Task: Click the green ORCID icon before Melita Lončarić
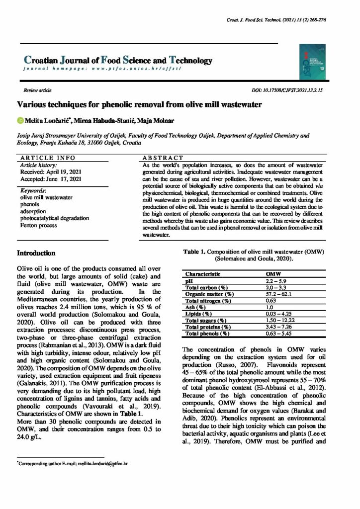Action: (20, 120)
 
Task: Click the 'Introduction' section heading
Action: (37, 253)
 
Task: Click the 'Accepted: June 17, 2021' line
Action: (48, 179)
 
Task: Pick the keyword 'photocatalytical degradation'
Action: (54, 218)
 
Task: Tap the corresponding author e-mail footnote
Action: (74, 463)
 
